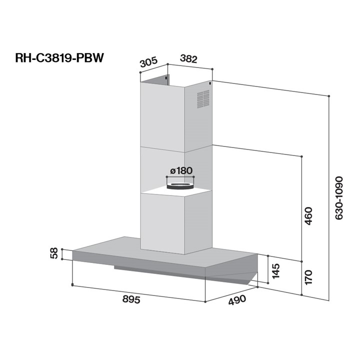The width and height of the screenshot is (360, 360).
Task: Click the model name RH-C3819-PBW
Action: [59, 58]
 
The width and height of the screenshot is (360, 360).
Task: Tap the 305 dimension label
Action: [148, 62]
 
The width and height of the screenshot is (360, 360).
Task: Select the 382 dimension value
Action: [188, 59]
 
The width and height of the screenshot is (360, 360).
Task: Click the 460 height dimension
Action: [308, 215]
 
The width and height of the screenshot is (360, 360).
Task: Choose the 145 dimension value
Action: [276, 270]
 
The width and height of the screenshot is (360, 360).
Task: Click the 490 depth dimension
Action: [237, 300]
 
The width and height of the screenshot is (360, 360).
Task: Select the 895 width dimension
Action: [131, 299]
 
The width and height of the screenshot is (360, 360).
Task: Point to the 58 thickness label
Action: [54, 253]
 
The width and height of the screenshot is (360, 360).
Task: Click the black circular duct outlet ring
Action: [178, 186]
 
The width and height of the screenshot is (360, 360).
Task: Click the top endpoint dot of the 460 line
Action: [302, 156]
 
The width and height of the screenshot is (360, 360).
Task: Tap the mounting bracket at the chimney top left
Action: [166, 79]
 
